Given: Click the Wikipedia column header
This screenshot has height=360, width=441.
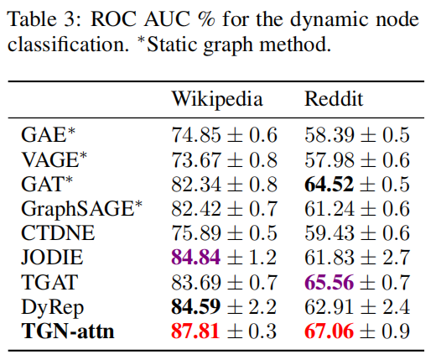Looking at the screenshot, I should pos(217,100).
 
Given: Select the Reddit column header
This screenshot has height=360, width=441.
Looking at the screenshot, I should pos(334,100).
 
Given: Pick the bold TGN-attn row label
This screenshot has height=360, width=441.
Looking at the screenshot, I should pos(67,331).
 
